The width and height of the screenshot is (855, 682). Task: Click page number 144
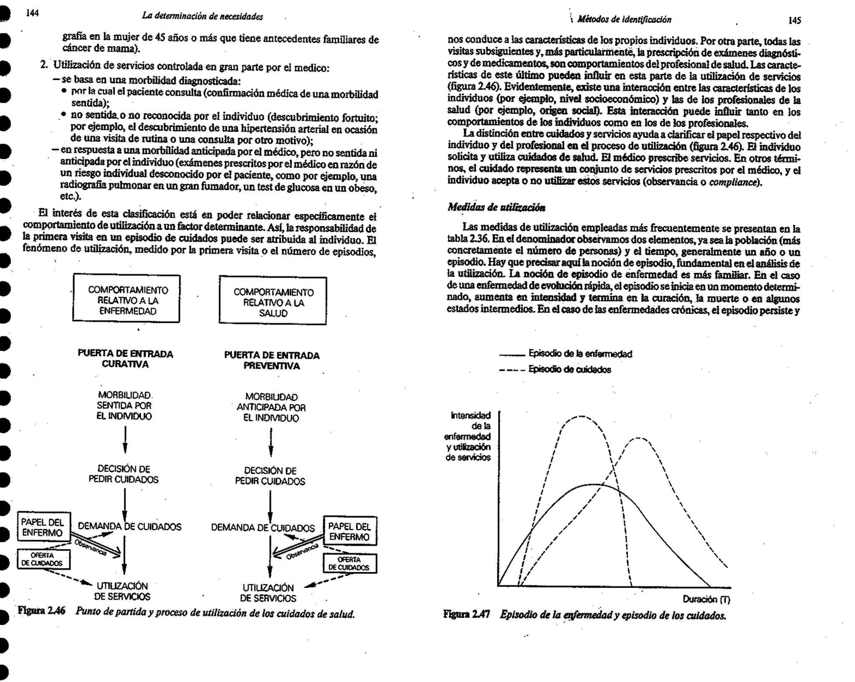(32, 13)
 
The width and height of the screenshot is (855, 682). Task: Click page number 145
(794, 20)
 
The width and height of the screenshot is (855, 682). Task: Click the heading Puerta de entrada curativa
(125, 359)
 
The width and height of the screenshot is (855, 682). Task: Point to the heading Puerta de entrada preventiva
(272, 360)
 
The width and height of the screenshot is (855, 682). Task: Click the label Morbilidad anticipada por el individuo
(271, 407)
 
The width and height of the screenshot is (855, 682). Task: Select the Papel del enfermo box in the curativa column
(43, 527)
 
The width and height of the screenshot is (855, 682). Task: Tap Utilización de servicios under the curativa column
(122, 591)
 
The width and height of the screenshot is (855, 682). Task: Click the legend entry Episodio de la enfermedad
(580, 354)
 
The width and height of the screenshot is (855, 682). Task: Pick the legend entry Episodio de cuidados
(569, 370)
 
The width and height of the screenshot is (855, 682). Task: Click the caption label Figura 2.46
(42, 611)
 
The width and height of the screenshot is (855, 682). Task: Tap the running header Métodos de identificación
(624, 20)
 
